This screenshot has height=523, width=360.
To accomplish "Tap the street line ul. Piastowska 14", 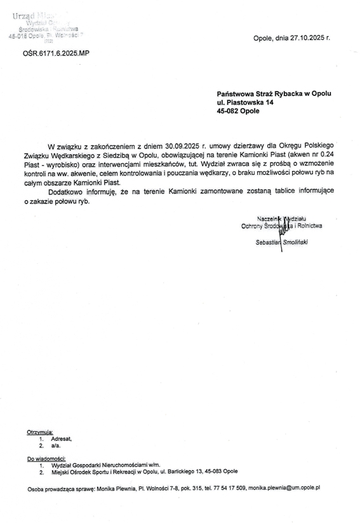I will pos(245,103).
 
